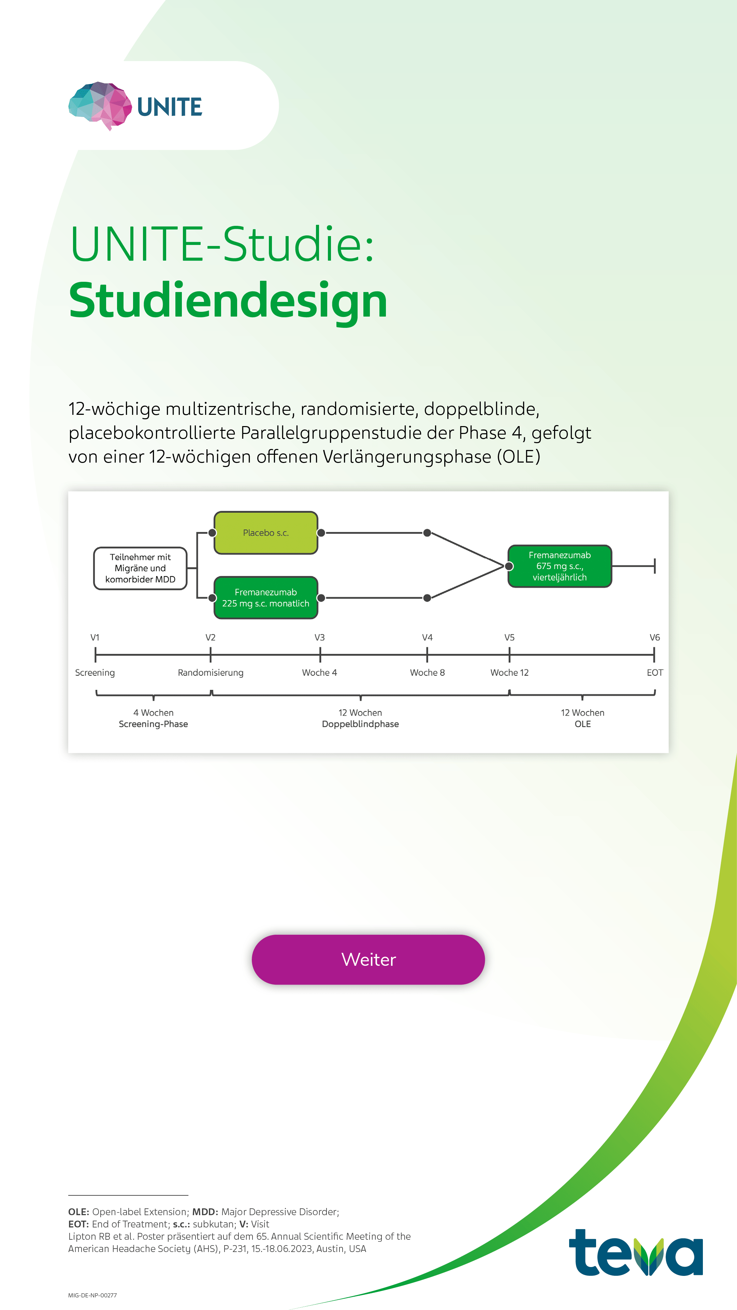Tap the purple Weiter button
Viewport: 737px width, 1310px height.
point(368,960)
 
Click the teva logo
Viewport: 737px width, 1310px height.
point(636,1253)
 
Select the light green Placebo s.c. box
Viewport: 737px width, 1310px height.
point(265,533)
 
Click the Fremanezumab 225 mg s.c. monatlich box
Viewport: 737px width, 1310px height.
point(265,598)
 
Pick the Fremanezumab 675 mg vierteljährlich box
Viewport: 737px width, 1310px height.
point(560,566)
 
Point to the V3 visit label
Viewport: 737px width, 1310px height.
point(319,638)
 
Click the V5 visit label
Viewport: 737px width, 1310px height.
point(509,638)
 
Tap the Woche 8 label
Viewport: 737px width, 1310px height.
point(427,673)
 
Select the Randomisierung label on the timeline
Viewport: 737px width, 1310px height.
point(211,673)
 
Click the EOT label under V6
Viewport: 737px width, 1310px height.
point(655,673)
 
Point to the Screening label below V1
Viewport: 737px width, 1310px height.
point(95,673)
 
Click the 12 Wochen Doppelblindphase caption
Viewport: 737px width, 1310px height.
point(360,718)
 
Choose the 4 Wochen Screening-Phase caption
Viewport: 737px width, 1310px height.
point(153,718)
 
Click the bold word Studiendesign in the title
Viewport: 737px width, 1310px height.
point(228,301)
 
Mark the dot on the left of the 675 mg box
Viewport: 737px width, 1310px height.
point(509,566)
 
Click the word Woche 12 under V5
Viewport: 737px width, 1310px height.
point(509,673)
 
